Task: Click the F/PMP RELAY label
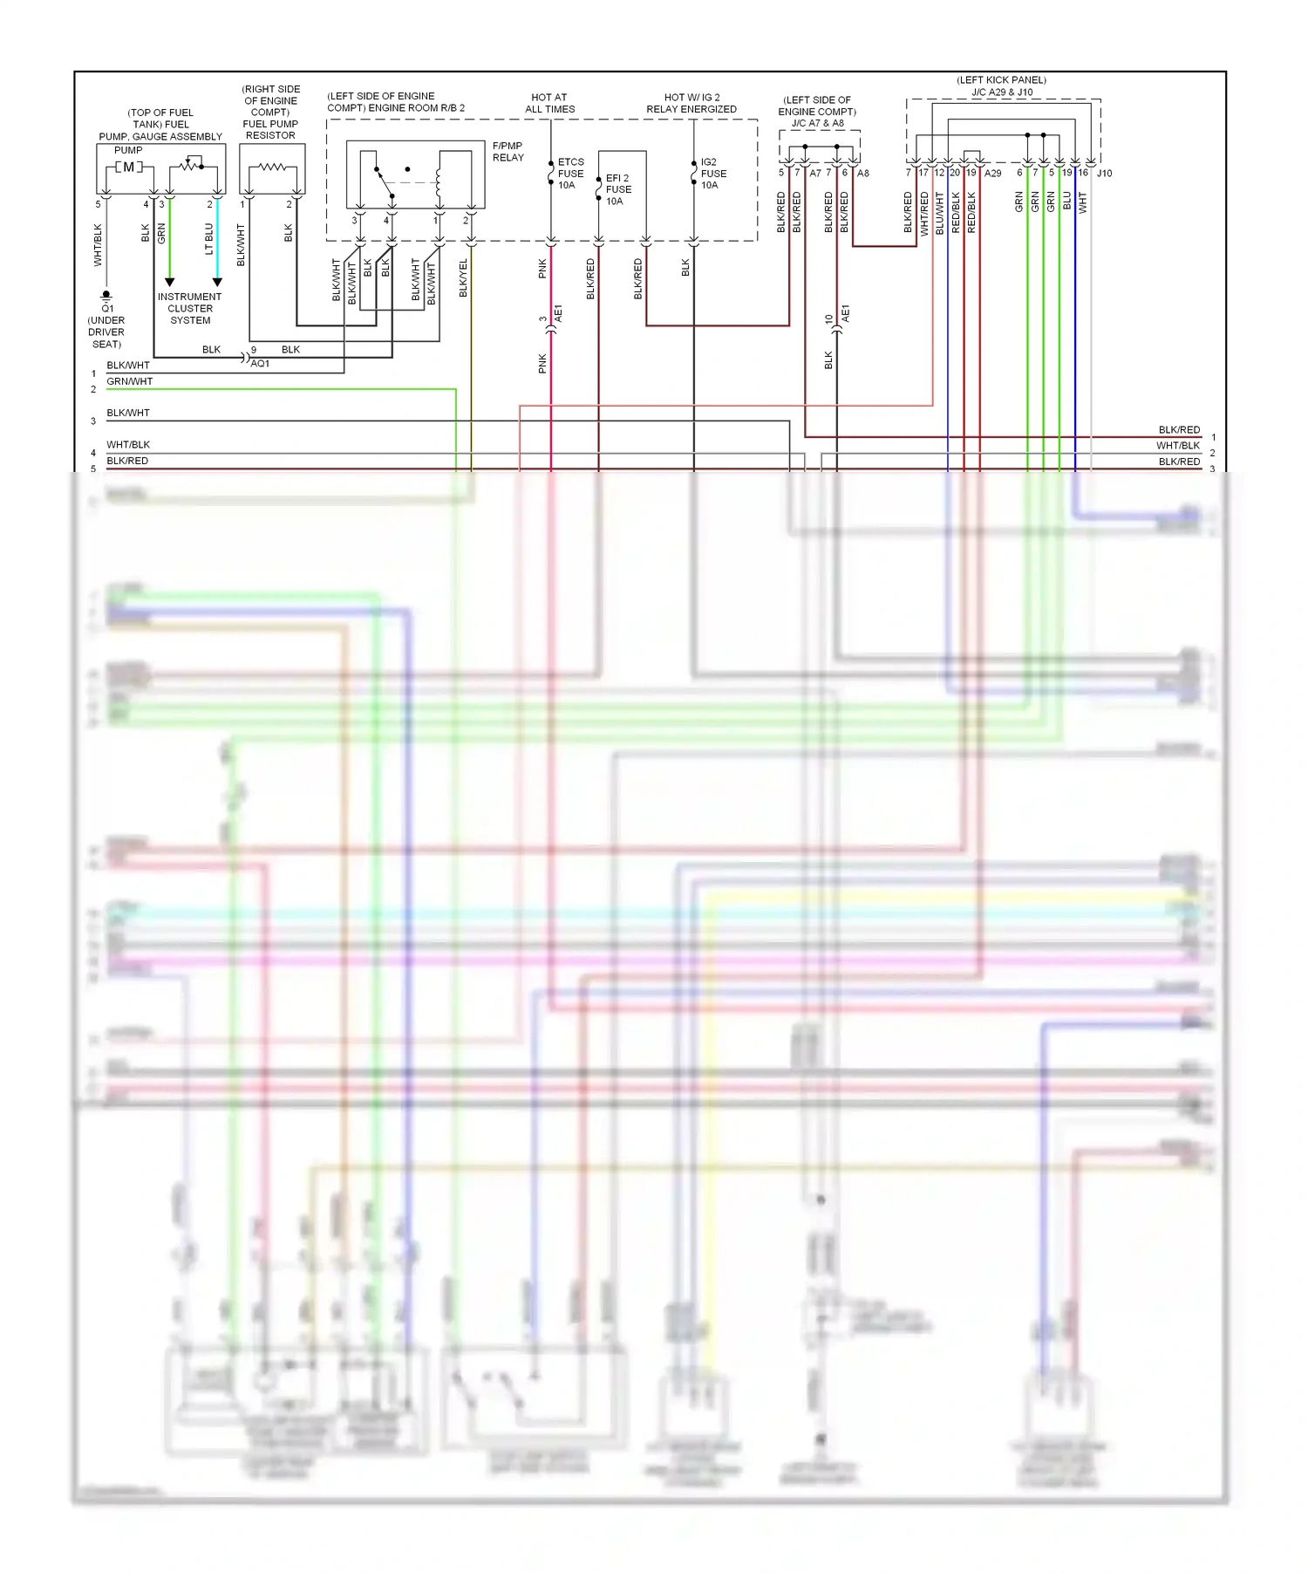click(508, 152)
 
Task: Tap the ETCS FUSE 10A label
click(570, 174)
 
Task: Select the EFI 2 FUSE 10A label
click(618, 189)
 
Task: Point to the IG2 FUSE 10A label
click(713, 174)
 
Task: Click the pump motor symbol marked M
click(128, 167)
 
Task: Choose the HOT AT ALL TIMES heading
click(549, 103)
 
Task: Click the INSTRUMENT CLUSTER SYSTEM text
click(190, 309)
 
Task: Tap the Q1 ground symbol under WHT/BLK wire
click(106, 297)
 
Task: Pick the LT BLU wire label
click(209, 238)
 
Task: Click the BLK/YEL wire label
click(463, 277)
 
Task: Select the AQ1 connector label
click(260, 364)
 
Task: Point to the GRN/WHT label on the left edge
click(130, 381)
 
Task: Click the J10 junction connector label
click(1104, 174)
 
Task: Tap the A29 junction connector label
click(993, 174)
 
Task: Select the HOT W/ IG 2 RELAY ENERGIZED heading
click(691, 103)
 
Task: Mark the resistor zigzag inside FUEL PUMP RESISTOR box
click(272, 167)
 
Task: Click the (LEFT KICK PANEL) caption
click(1001, 80)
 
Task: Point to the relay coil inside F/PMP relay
click(439, 184)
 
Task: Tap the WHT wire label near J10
click(1083, 203)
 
